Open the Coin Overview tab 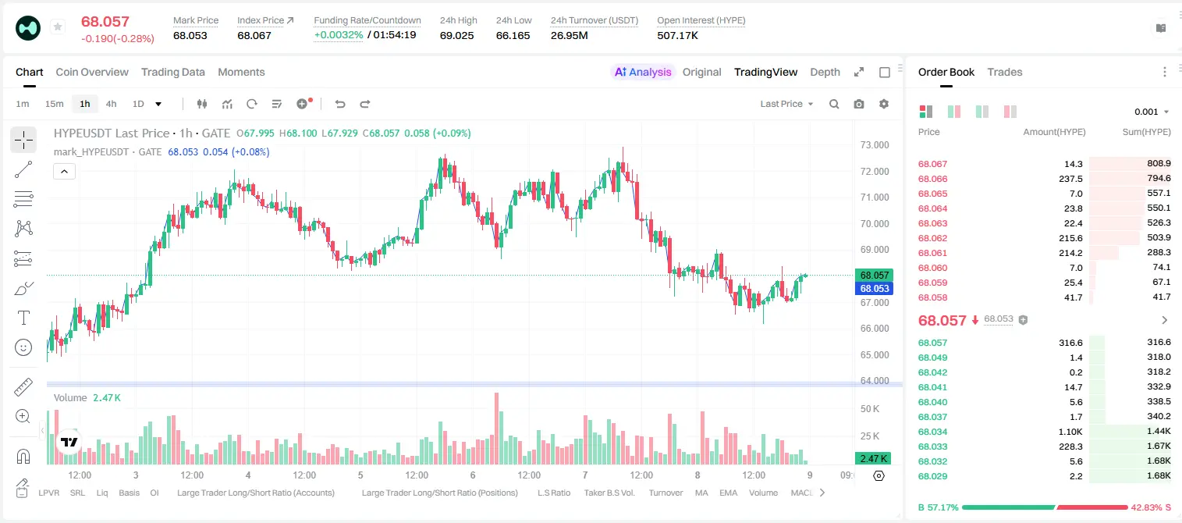pyautogui.click(x=92, y=72)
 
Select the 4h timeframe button pyautogui.click(x=111, y=104)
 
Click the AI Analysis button pyautogui.click(x=643, y=72)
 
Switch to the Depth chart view pyautogui.click(x=825, y=72)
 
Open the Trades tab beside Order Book pyautogui.click(x=1005, y=72)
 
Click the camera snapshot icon pyautogui.click(x=859, y=104)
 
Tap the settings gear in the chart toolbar pyautogui.click(x=884, y=104)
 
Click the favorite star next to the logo pyautogui.click(x=58, y=27)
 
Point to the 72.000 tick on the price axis pyautogui.click(x=875, y=171)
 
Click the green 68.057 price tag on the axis pyautogui.click(x=874, y=275)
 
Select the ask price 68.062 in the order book pyautogui.click(x=932, y=238)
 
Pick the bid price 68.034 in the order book pyautogui.click(x=932, y=432)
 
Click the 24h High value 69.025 pyautogui.click(x=457, y=35)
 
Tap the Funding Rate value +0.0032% pyautogui.click(x=339, y=35)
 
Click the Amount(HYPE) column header pyautogui.click(x=1054, y=132)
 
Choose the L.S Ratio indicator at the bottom pyautogui.click(x=554, y=493)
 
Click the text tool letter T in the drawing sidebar pyautogui.click(x=23, y=318)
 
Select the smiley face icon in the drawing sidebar pyautogui.click(x=23, y=347)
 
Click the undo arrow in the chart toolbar pyautogui.click(x=340, y=104)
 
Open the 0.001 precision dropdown pyautogui.click(x=1152, y=112)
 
